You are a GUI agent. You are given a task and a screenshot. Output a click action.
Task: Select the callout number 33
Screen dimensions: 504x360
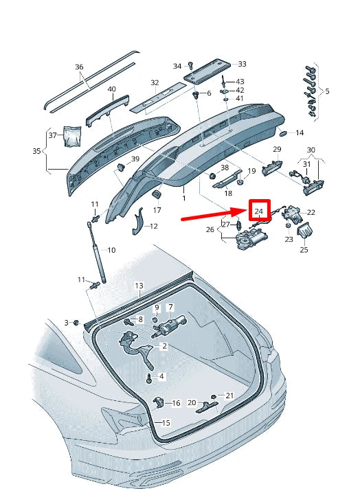[x=241, y=64]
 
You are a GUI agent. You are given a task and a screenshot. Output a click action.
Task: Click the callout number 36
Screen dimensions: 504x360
[x=79, y=67]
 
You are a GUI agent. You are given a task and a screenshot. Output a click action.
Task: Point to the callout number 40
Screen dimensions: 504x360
[x=111, y=89]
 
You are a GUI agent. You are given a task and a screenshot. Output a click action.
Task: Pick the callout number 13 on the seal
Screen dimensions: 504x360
[x=138, y=285]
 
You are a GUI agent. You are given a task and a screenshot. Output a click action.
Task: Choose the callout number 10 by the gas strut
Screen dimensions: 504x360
[x=111, y=250]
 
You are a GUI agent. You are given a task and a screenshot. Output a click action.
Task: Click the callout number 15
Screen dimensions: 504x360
[x=165, y=423]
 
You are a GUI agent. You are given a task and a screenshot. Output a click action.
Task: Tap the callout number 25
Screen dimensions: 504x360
[x=304, y=250]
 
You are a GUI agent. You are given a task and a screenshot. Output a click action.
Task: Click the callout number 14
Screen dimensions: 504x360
[x=299, y=133]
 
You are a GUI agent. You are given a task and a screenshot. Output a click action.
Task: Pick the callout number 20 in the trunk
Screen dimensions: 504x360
[x=192, y=403]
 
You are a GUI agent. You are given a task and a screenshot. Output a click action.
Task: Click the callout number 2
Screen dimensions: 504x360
[x=164, y=347]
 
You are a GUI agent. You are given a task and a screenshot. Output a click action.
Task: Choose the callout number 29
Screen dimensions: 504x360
[x=277, y=149]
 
